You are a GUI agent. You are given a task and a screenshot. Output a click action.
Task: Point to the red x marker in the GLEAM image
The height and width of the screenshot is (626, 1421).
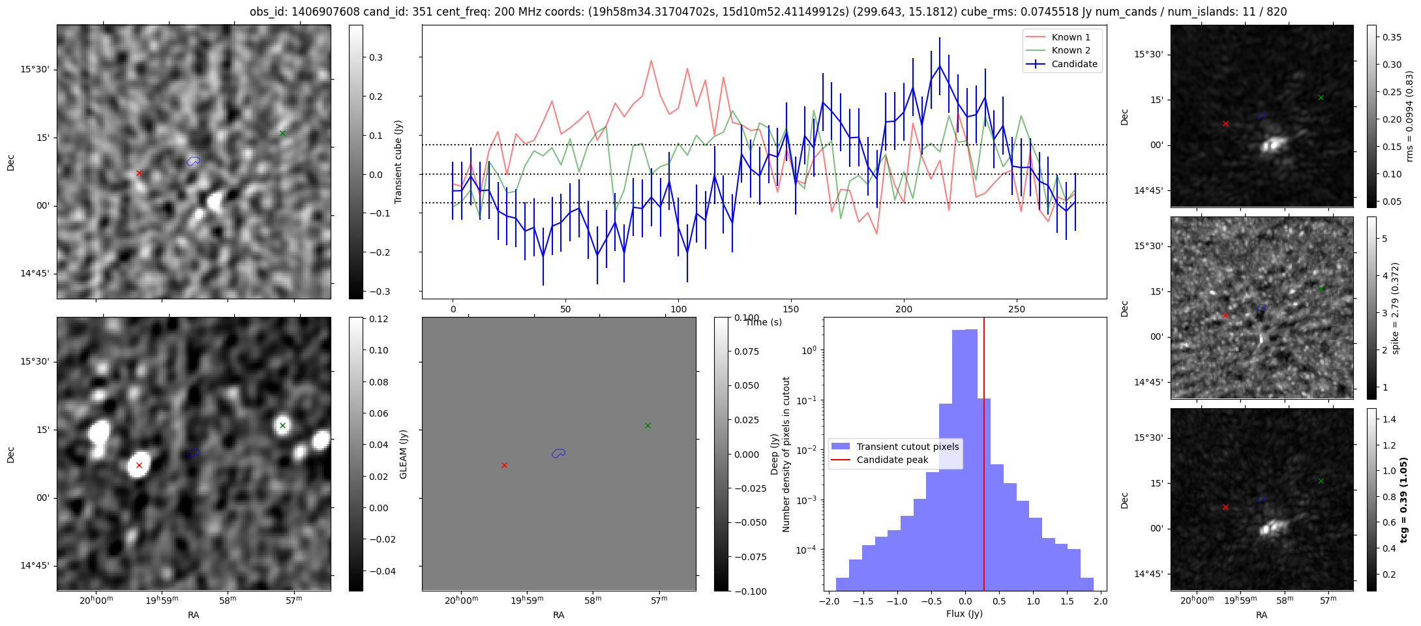139,466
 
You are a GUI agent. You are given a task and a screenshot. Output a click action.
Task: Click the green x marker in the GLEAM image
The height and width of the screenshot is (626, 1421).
282,426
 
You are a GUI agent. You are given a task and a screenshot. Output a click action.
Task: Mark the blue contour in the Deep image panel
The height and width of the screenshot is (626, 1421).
558,453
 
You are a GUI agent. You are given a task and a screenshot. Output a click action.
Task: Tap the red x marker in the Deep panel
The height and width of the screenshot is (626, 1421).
504,466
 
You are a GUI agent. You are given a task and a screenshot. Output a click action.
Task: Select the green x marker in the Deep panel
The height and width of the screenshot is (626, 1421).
648,426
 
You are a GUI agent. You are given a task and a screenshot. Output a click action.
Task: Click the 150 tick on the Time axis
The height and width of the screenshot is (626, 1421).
791,309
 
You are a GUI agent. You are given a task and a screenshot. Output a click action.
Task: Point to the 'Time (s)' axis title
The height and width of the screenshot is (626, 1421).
764,322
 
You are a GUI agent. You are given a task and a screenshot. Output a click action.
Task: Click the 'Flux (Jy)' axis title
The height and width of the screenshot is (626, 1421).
964,614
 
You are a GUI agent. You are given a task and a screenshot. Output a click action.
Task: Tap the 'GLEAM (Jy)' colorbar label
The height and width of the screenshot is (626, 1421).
403,455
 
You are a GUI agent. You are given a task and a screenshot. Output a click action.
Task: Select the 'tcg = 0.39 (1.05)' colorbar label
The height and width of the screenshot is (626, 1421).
1404,499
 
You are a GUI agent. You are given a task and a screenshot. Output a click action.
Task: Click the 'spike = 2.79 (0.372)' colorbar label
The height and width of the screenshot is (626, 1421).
1396,308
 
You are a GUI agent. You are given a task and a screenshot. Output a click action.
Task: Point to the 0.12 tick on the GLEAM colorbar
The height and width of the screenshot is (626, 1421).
379,319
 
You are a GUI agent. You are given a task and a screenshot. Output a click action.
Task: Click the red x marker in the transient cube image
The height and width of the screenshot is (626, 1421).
139,173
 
